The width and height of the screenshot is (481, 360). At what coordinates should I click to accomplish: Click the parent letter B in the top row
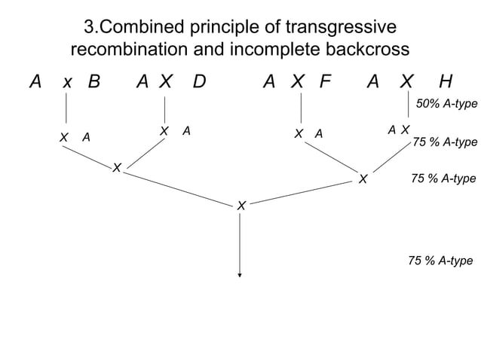[x=93, y=81]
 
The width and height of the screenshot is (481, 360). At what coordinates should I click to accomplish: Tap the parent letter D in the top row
[x=199, y=81]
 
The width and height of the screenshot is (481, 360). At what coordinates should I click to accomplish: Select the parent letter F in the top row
[x=325, y=81]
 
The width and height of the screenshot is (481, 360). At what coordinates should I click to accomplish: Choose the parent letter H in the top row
[x=446, y=81]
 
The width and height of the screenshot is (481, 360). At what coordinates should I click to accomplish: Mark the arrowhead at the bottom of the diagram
[x=240, y=275]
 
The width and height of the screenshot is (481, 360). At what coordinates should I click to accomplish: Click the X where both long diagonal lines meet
[x=240, y=206]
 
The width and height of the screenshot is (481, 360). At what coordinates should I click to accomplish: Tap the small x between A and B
[x=67, y=83]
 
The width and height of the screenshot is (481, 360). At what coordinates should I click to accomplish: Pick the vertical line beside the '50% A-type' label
[x=408, y=106]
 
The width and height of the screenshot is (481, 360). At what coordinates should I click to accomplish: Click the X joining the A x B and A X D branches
[x=117, y=166]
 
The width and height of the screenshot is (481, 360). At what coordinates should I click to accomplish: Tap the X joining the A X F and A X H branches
[x=363, y=179]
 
